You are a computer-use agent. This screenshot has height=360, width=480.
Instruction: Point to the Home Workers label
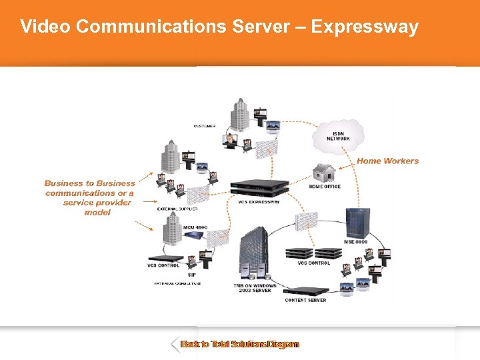pos(387,161)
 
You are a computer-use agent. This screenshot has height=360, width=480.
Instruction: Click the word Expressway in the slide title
pos(365,27)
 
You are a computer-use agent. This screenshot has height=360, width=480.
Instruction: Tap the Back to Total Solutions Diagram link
pos(240,345)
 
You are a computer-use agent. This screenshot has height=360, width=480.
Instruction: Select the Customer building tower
pos(239,114)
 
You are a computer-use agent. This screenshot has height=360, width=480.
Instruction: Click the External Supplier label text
pos(177,209)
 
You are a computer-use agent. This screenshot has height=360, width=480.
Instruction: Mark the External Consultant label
pos(178,283)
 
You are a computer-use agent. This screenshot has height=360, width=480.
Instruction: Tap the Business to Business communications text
pos(90,197)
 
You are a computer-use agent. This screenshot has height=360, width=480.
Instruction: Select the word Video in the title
pos(45,27)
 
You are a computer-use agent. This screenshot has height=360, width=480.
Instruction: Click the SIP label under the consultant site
pos(191,275)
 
